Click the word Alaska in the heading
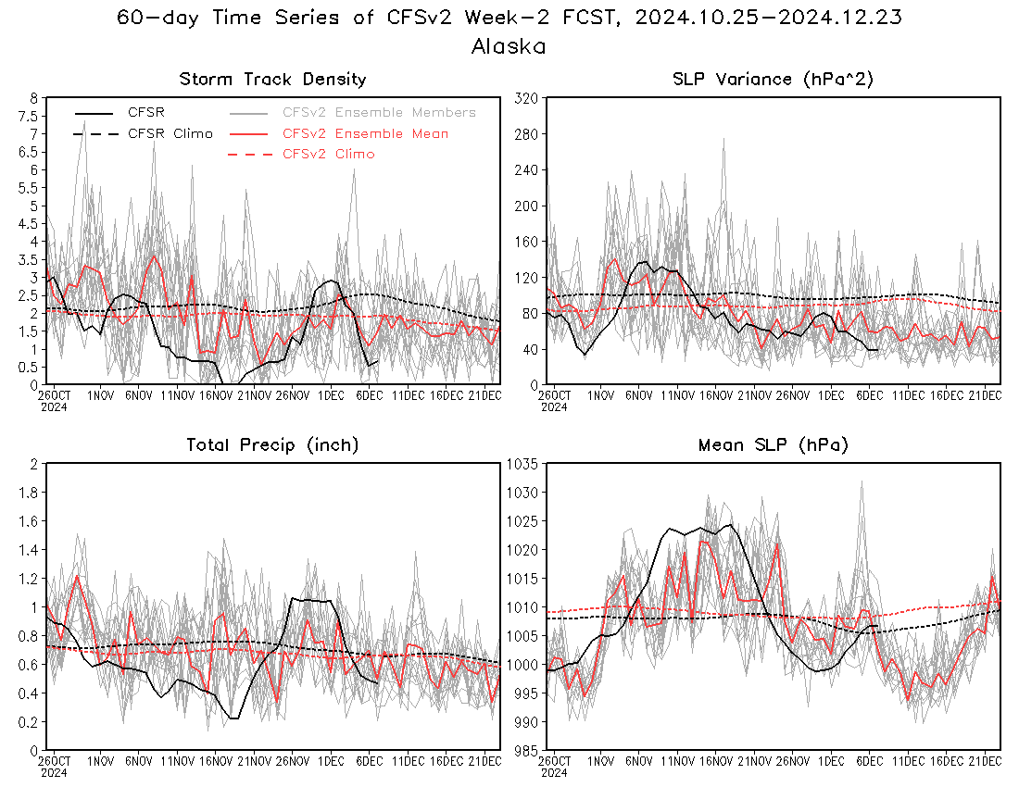(x=509, y=46)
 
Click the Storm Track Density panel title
(x=273, y=80)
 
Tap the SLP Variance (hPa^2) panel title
(x=773, y=80)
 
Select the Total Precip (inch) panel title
(x=272, y=444)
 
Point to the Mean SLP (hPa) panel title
(x=774, y=444)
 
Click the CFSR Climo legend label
(x=170, y=133)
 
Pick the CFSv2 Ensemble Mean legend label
(x=365, y=133)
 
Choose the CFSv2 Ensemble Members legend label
(x=379, y=112)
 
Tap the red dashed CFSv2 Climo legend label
(x=328, y=154)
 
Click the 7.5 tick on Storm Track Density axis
(x=28, y=117)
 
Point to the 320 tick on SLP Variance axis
(x=526, y=99)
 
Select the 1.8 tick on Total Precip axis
(x=29, y=493)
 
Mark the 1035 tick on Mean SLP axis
(x=522, y=464)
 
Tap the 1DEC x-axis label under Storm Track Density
(x=331, y=395)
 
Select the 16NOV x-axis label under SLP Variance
(x=715, y=395)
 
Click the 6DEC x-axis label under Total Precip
(x=369, y=761)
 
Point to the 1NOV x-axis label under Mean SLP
(x=600, y=761)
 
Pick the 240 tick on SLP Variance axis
(x=526, y=170)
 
